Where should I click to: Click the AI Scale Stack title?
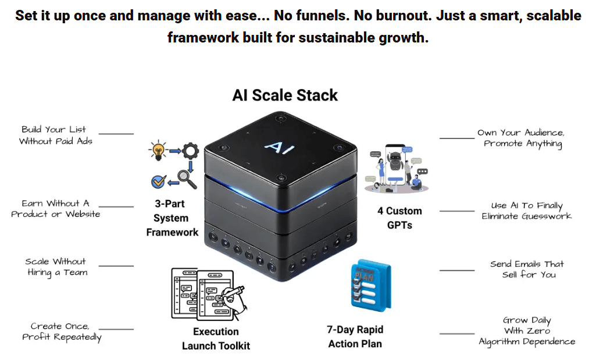285,95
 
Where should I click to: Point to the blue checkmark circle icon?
158,181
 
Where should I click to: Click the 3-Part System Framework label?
172,218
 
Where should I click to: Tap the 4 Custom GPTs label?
399,218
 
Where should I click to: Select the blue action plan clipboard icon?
370,285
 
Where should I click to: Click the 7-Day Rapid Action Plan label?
355,337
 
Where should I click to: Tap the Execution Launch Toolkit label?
216,338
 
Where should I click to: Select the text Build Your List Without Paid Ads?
55,135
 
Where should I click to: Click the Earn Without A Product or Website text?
55,209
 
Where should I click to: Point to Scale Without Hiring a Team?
56,267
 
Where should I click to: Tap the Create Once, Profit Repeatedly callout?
61,332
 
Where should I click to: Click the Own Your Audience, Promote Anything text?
521,138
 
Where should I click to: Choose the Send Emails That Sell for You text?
527,269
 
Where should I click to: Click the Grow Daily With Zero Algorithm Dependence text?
527,331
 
